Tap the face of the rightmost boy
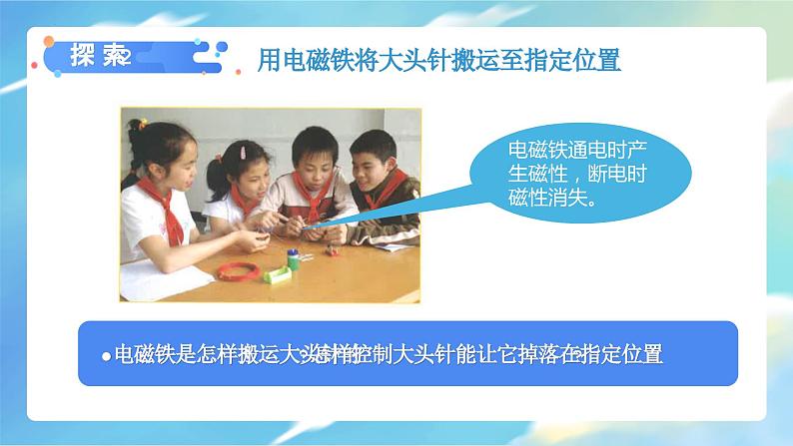372,166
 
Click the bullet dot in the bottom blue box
105,357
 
